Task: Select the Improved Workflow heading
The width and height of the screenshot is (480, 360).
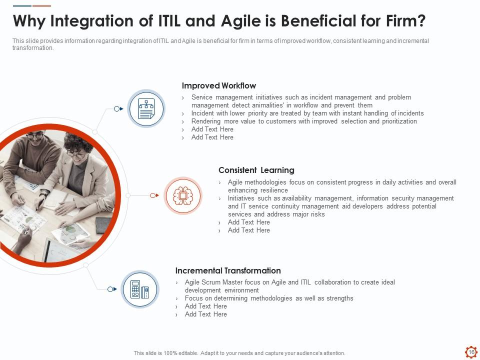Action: [219, 85]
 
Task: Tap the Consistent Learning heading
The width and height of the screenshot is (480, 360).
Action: [256, 170]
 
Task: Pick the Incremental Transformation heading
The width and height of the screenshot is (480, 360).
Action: [228, 270]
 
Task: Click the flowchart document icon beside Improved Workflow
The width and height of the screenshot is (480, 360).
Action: [146, 108]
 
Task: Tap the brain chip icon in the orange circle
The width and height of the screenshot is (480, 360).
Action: [183, 195]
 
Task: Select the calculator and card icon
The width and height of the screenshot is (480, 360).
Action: [140, 289]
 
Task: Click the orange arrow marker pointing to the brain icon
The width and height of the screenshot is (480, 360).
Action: [154, 195]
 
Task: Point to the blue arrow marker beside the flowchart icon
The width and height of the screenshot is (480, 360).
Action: [119, 108]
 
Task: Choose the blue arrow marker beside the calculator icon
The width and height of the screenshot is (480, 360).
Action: [112, 289]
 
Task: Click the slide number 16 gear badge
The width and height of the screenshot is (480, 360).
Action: [471, 352]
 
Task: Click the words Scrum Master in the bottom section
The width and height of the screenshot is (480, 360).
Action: [220, 282]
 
